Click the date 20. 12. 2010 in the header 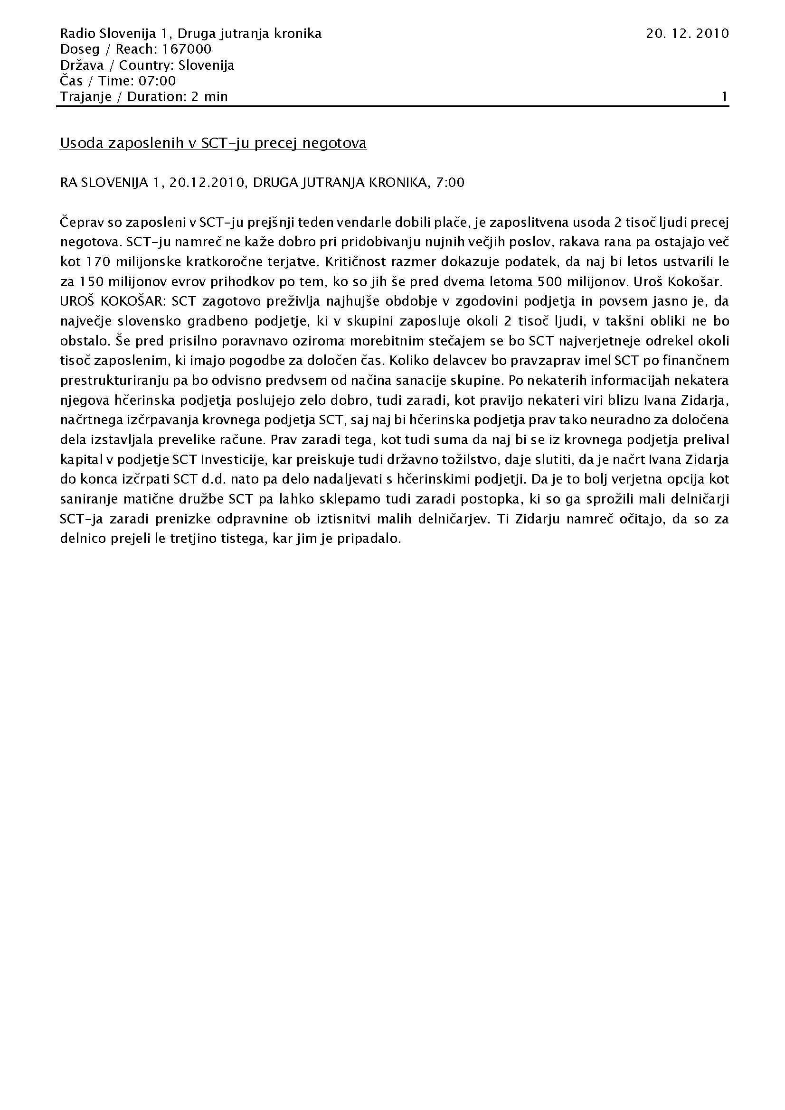point(687,33)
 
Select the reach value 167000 point(187,49)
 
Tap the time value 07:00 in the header point(157,81)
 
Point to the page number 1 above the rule point(725,97)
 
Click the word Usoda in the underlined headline point(78,143)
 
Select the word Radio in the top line point(77,33)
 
